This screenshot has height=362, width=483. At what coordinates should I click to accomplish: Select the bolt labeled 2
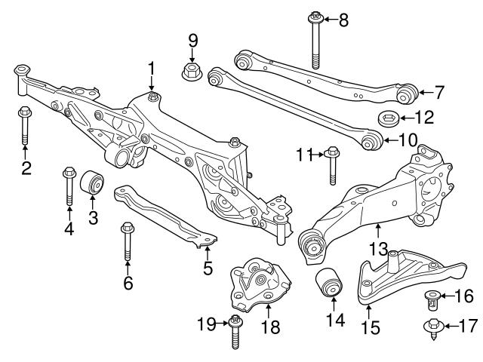pyautogui.click(x=24, y=128)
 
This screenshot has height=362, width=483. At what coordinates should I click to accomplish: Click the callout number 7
pyautogui.click(x=439, y=93)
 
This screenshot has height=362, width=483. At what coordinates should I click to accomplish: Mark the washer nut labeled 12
pyautogui.click(x=386, y=118)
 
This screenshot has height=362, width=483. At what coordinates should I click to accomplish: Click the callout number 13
pyautogui.click(x=378, y=247)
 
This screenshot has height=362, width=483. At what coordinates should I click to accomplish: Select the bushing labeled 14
pyautogui.click(x=329, y=282)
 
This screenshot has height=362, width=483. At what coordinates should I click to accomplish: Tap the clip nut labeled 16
pyautogui.click(x=432, y=299)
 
